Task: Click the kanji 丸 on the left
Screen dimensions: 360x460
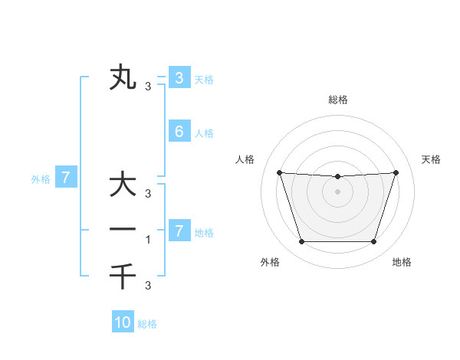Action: [x=123, y=78]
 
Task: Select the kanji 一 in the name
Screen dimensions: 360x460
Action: [x=123, y=229]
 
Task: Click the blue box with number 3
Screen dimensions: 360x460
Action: [x=179, y=77]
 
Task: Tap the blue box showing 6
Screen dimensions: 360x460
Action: [x=179, y=131]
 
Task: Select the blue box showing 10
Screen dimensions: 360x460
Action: [x=123, y=322]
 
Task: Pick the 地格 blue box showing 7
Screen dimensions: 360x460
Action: [x=179, y=231]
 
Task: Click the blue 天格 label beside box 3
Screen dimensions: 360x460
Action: [x=204, y=79]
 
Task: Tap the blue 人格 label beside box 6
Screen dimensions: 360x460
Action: [x=204, y=133]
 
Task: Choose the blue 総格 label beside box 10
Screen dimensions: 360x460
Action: [x=147, y=324]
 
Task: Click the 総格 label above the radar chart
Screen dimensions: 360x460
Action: [x=337, y=100]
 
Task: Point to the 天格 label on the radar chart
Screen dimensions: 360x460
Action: [x=432, y=159]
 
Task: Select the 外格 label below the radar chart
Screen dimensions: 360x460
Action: [x=270, y=262]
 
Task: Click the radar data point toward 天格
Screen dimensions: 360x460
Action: [x=396, y=172]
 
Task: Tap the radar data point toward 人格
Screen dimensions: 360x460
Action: [x=279, y=172]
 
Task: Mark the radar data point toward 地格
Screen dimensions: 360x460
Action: [x=373, y=242]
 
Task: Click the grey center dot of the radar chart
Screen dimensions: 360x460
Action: [x=337, y=191]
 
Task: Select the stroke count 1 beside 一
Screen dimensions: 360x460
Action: [x=149, y=239]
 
